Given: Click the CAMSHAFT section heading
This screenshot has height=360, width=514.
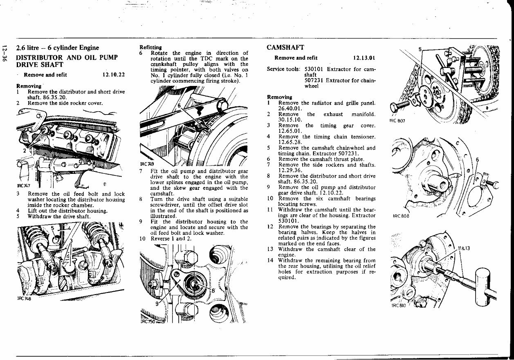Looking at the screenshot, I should coord(285,48).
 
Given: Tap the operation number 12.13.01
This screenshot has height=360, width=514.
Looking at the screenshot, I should coord(364,58).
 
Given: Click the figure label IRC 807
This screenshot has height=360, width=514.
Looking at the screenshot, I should coord(397,121).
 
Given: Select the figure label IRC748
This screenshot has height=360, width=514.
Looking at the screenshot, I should coord(24,298).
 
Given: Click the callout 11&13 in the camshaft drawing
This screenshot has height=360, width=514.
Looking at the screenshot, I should coord(463,248).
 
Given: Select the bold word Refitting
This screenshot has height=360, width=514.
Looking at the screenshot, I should coord(150,47).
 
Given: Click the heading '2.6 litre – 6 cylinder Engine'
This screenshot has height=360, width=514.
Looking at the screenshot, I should coord(57,48).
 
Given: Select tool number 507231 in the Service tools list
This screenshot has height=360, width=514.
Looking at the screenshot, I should coord(314,81).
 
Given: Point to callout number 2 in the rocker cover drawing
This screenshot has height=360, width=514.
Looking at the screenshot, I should coord(25,151).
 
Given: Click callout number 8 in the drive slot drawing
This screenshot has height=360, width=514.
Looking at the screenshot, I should coord(213,291).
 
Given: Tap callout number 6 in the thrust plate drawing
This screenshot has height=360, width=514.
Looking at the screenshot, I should coord(477,160).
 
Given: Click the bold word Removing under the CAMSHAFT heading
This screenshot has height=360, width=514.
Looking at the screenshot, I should coord(279,97).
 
